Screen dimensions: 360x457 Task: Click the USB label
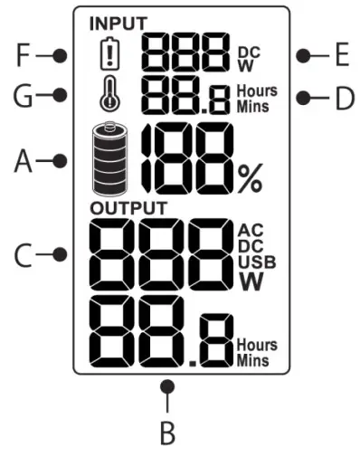[256, 262]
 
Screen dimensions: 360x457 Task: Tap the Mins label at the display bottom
[256, 360]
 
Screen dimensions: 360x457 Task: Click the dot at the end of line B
[166, 387]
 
